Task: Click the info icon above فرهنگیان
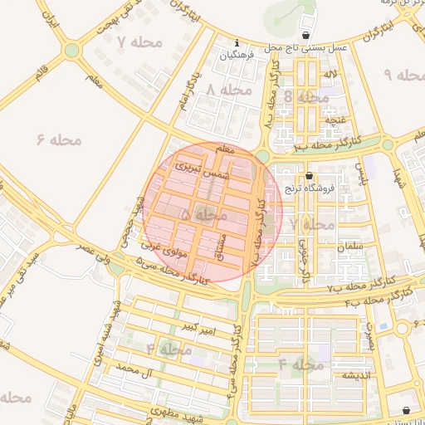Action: [x=238, y=42]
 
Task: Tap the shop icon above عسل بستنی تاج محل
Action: [x=308, y=36]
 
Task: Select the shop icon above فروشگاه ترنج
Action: [x=310, y=176]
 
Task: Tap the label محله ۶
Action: [x=60, y=139]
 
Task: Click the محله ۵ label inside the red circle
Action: [x=203, y=214]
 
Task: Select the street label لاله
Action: [x=330, y=75]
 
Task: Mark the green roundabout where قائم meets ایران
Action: [x=72, y=50]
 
